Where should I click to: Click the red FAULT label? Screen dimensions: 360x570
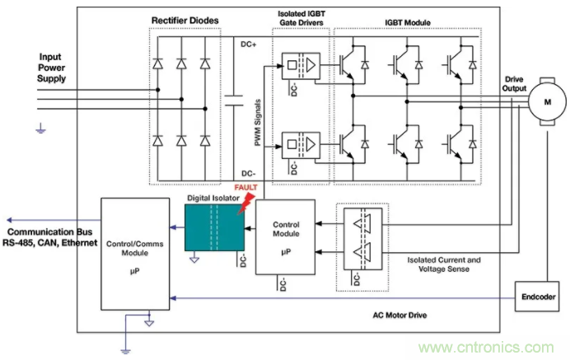click(x=246, y=188)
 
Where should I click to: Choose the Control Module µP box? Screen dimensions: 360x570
click(x=285, y=236)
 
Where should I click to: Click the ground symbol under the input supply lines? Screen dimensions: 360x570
click(x=38, y=127)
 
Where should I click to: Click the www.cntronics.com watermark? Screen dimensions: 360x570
click(x=497, y=346)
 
